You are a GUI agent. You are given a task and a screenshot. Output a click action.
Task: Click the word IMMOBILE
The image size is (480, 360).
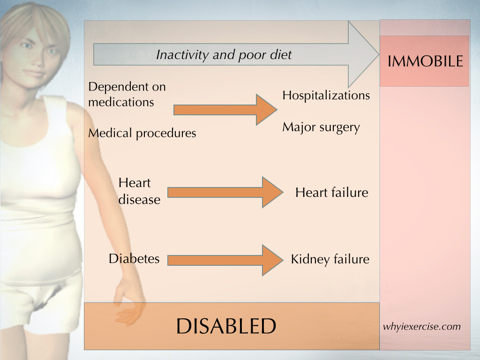coord(425,61)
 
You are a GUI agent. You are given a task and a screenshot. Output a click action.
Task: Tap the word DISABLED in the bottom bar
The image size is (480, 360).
coord(226,326)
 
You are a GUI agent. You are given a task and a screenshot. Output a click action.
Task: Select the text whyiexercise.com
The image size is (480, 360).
coord(421,327)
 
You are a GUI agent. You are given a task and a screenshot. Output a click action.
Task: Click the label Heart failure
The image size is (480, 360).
coord(332,193)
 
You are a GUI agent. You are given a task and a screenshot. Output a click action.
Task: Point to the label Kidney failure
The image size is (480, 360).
coord(330,259)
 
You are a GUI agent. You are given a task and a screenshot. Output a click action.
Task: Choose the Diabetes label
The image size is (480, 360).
coord(134,259)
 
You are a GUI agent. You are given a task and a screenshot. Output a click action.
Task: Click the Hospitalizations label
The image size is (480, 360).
coord(326,95)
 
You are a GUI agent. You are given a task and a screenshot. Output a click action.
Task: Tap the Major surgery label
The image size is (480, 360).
coord(321,127)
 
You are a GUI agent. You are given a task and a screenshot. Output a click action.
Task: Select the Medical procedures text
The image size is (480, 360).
coord(142,133)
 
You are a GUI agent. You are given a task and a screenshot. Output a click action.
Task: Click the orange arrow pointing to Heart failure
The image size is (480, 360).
coord(225,192)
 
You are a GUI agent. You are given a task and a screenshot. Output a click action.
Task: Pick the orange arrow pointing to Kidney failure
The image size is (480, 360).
coord(225,260)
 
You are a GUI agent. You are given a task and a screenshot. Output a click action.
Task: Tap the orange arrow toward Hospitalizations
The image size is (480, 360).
coord(225,110)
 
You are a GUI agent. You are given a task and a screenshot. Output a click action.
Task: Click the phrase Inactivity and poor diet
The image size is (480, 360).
coord(224,55)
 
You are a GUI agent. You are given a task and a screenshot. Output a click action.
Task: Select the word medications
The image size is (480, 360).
coord(121,102)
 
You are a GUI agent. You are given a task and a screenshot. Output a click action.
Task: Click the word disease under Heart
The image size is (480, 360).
coord(139,200)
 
